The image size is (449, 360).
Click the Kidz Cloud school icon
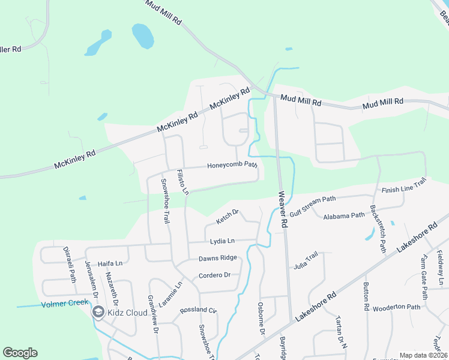click(x=97, y=312)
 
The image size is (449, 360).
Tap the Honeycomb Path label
click(x=232, y=166)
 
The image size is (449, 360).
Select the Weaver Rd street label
click(x=282, y=209)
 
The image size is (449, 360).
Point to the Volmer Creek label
click(x=65, y=304)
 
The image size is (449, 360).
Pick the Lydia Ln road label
click(x=222, y=241)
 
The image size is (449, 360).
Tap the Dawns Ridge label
click(x=218, y=259)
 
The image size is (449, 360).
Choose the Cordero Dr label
click(x=215, y=275)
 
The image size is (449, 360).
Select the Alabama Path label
click(x=344, y=215)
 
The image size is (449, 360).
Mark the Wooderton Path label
click(x=396, y=308)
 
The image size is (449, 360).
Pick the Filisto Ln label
click(x=182, y=182)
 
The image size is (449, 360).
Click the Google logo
click(x=20, y=353)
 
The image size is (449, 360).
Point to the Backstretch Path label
click(x=378, y=229)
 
